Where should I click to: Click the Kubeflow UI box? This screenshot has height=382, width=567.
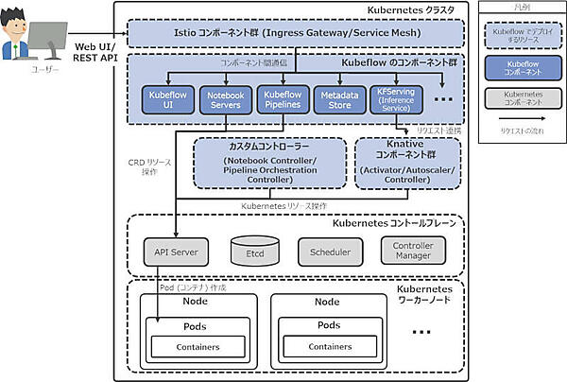[x=167, y=100]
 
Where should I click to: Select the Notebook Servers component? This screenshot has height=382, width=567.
[x=224, y=100]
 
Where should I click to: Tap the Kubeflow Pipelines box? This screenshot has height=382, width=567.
[x=283, y=100]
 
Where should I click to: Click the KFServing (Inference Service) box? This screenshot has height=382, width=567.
[x=395, y=100]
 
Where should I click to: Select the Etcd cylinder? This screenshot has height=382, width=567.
[x=252, y=252]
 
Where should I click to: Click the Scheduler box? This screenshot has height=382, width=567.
[x=330, y=252]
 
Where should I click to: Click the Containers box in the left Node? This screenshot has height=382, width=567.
[x=198, y=347]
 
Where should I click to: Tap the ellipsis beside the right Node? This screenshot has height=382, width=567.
[x=422, y=334]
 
